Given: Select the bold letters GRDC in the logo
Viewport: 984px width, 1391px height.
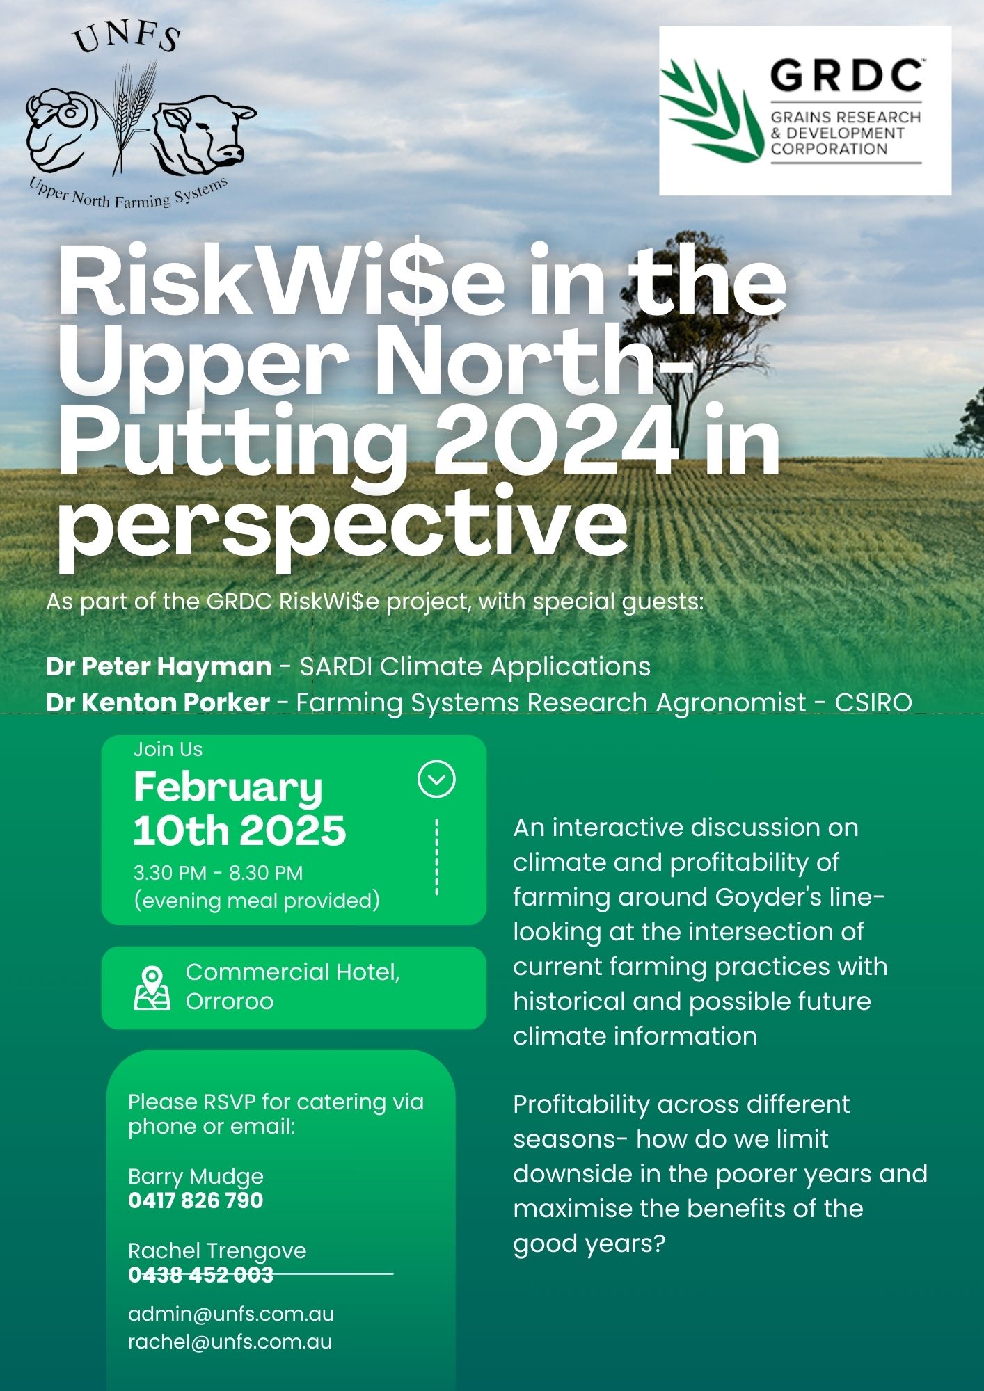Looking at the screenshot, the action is [x=846, y=76].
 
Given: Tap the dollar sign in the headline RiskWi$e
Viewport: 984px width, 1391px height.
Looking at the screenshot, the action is [x=415, y=282].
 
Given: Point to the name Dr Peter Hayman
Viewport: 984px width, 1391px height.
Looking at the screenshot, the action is [x=159, y=666].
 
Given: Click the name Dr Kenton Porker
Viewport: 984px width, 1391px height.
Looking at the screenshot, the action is [x=158, y=702].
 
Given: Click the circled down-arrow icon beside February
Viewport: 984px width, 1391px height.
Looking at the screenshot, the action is [x=436, y=779].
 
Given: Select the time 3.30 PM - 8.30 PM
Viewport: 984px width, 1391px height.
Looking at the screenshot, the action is [x=218, y=873].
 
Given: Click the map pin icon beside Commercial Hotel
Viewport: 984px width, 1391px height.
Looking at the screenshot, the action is [x=152, y=988].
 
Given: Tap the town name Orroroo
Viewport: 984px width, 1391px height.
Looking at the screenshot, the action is [x=230, y=1002].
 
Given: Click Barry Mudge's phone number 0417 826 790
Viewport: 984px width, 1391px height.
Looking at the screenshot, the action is [x=196, y=1200].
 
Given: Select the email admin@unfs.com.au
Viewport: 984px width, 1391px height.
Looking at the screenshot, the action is [x=231, y=1314].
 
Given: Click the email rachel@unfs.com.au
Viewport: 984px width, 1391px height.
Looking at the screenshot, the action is [x=230, y=1342].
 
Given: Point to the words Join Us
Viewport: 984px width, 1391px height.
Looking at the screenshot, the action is [x=168, y=749].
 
